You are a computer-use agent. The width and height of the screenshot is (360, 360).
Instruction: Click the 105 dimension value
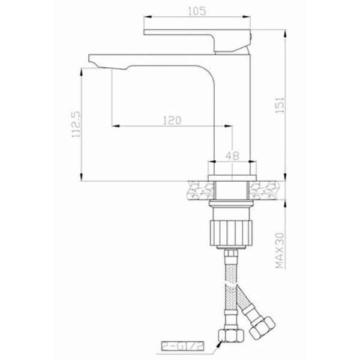pyautogui.click(x=197, y=11)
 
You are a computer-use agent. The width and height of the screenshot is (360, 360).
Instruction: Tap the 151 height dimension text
pyautogui.click(x=280, y=105)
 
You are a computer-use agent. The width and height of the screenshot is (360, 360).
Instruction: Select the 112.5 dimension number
pyautogui.click(x=76, y=124)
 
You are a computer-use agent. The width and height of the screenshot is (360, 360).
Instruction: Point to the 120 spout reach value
pyautogui.click(x=172, y=121)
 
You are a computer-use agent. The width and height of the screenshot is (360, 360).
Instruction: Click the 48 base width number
pyautogui.click(x=232, y=155)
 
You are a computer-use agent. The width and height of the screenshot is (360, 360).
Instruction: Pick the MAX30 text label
pyautogui.click(x=280, y=250)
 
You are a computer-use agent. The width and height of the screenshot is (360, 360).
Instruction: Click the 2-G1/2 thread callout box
pyautogui.click(x=182, y=347)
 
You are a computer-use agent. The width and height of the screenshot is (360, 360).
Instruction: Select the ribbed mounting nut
pyautogui.click(x=231, y=233)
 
